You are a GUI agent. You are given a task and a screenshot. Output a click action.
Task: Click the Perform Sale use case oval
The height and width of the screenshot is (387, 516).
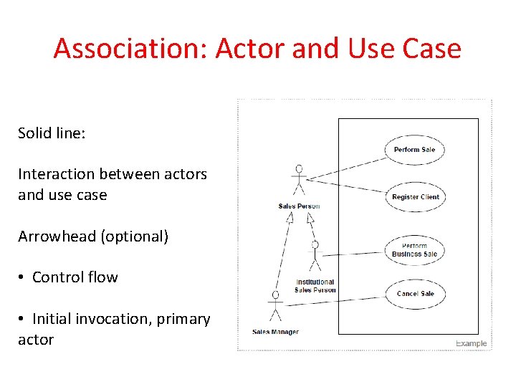pyautogui.click(x=414, y=150)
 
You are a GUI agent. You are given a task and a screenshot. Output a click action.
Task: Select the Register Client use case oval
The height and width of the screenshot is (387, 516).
pyautogui.click(x=415, y=197)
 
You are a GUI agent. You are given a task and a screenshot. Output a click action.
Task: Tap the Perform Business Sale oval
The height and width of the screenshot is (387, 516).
pyautogui.click(x=414, y=249)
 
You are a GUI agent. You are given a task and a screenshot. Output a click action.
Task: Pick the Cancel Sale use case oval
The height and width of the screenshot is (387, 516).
pyautogui.click(x=415, y=294)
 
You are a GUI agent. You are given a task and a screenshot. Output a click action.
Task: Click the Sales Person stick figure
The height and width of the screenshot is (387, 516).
pyautogui.click(x=299, y=181)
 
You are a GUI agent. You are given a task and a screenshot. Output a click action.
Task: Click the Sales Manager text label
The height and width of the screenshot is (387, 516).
pyautogui.click(x=275, y=332)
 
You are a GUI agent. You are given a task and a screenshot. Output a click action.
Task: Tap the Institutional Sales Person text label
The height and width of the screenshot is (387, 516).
pyautogui.click(x=315, y=286)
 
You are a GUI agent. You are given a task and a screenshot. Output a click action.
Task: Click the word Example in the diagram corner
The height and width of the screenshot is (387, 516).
pyautogui.click(x=471, y=343)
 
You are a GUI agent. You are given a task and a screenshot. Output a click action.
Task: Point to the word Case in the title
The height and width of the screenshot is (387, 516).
pyautogui.click(x=432, y=49)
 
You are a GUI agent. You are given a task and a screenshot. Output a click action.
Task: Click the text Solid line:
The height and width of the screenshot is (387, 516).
pyautogui.click(x=52, y=133)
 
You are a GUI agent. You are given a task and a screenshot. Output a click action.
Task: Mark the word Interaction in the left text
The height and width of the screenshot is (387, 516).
pyautogui.click(x=56, y=174)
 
